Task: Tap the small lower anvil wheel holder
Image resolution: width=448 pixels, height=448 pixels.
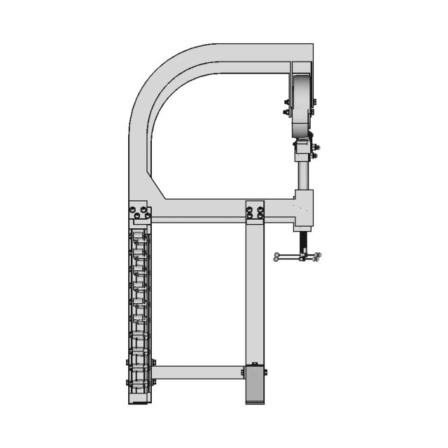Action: [x=304, y=148]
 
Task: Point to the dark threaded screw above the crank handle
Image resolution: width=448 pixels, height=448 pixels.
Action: [x=304, y=241]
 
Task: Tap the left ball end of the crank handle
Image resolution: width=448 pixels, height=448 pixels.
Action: [x=277, y=257]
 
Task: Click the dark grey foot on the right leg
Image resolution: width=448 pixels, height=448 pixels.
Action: [x=255, y=385]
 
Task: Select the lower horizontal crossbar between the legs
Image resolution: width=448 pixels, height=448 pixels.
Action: [x=198, y=372]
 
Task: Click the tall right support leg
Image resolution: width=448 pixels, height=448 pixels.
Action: [x=255, y=294]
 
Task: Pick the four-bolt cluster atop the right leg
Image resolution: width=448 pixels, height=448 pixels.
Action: [x=255, y=211]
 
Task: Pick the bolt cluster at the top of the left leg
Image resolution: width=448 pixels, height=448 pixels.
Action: [x=140, y=211]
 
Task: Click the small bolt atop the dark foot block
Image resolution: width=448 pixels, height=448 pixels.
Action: [x=255, y=363]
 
